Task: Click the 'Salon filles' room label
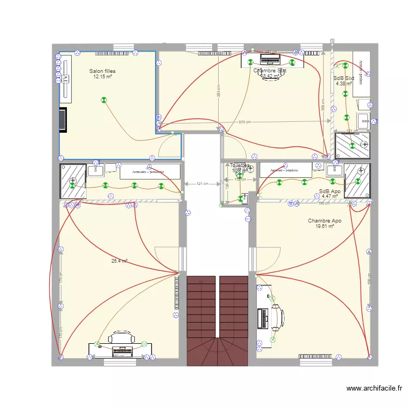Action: point(102,71)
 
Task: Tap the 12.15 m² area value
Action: point(102,77)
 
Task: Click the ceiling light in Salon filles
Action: point(103,100)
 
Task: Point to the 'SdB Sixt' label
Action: point(344,78)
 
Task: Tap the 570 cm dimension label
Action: point(245,122)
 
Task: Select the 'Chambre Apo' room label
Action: point(324,221)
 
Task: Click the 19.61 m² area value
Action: point(324,226)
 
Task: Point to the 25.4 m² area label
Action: point(119,261)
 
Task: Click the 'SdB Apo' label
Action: point(330,191)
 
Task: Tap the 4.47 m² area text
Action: point(330,197)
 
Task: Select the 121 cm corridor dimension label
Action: point(202,184)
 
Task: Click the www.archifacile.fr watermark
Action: point(374,388)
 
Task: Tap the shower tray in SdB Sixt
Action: point(352,144)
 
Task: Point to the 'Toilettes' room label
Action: point(239,165)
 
